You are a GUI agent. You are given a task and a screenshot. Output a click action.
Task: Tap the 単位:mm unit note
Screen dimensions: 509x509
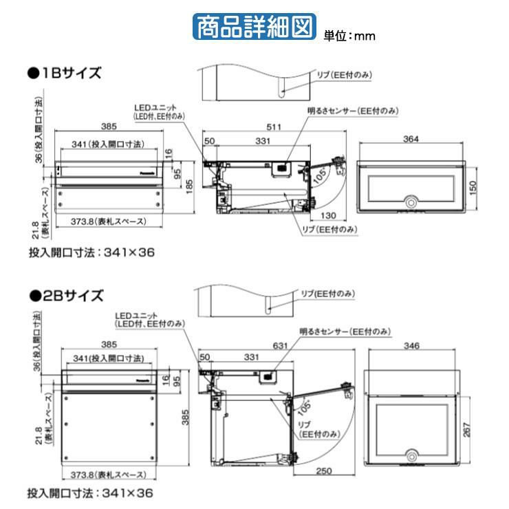tap(350, 36)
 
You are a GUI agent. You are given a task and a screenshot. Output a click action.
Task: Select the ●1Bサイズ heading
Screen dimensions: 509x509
tap(65, 72)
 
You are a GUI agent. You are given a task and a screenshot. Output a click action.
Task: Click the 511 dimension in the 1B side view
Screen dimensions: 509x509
tap(275, 126)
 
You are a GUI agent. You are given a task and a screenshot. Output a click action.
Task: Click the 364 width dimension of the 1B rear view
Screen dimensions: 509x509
tap(411, 140)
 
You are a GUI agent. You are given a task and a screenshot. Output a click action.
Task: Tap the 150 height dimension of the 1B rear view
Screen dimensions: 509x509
tap(473, 186)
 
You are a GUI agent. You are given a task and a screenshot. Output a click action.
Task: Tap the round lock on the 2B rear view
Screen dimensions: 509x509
tap(412, 455)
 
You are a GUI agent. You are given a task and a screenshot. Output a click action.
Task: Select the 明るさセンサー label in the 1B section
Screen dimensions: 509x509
tap(354, 111)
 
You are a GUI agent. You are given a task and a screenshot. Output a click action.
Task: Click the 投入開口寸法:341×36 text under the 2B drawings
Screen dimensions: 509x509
tap(91, 493)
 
